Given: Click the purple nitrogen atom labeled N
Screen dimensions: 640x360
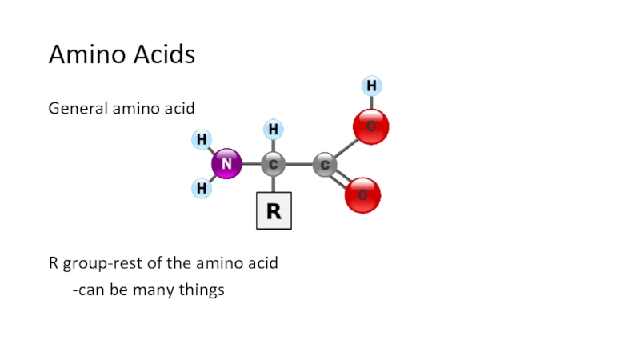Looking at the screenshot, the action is pos(226,164).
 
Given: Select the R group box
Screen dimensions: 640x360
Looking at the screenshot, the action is pos(274,211).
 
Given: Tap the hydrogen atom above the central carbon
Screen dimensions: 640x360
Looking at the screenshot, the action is pos(274,129).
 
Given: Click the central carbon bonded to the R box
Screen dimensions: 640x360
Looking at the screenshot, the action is pos(274,165).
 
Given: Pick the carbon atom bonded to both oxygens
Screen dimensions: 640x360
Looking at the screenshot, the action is pos(325,166).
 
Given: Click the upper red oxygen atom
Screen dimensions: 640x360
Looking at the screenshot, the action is pos(371,126).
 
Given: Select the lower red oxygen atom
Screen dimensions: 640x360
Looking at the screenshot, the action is pos(362,195).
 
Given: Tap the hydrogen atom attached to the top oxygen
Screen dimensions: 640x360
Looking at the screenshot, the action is pos(371,85).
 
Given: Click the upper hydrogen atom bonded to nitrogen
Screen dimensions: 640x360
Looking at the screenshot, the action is pos(202,140).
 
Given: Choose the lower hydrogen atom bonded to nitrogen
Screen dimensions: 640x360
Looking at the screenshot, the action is pos(202,189).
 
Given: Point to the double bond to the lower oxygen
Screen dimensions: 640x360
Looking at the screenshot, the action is pos(342,181).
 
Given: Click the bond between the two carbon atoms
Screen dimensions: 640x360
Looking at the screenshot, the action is pos(299,165).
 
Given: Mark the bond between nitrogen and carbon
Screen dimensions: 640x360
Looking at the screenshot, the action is pos(250,165).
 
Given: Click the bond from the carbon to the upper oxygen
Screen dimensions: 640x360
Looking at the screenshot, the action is pos(346,147).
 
